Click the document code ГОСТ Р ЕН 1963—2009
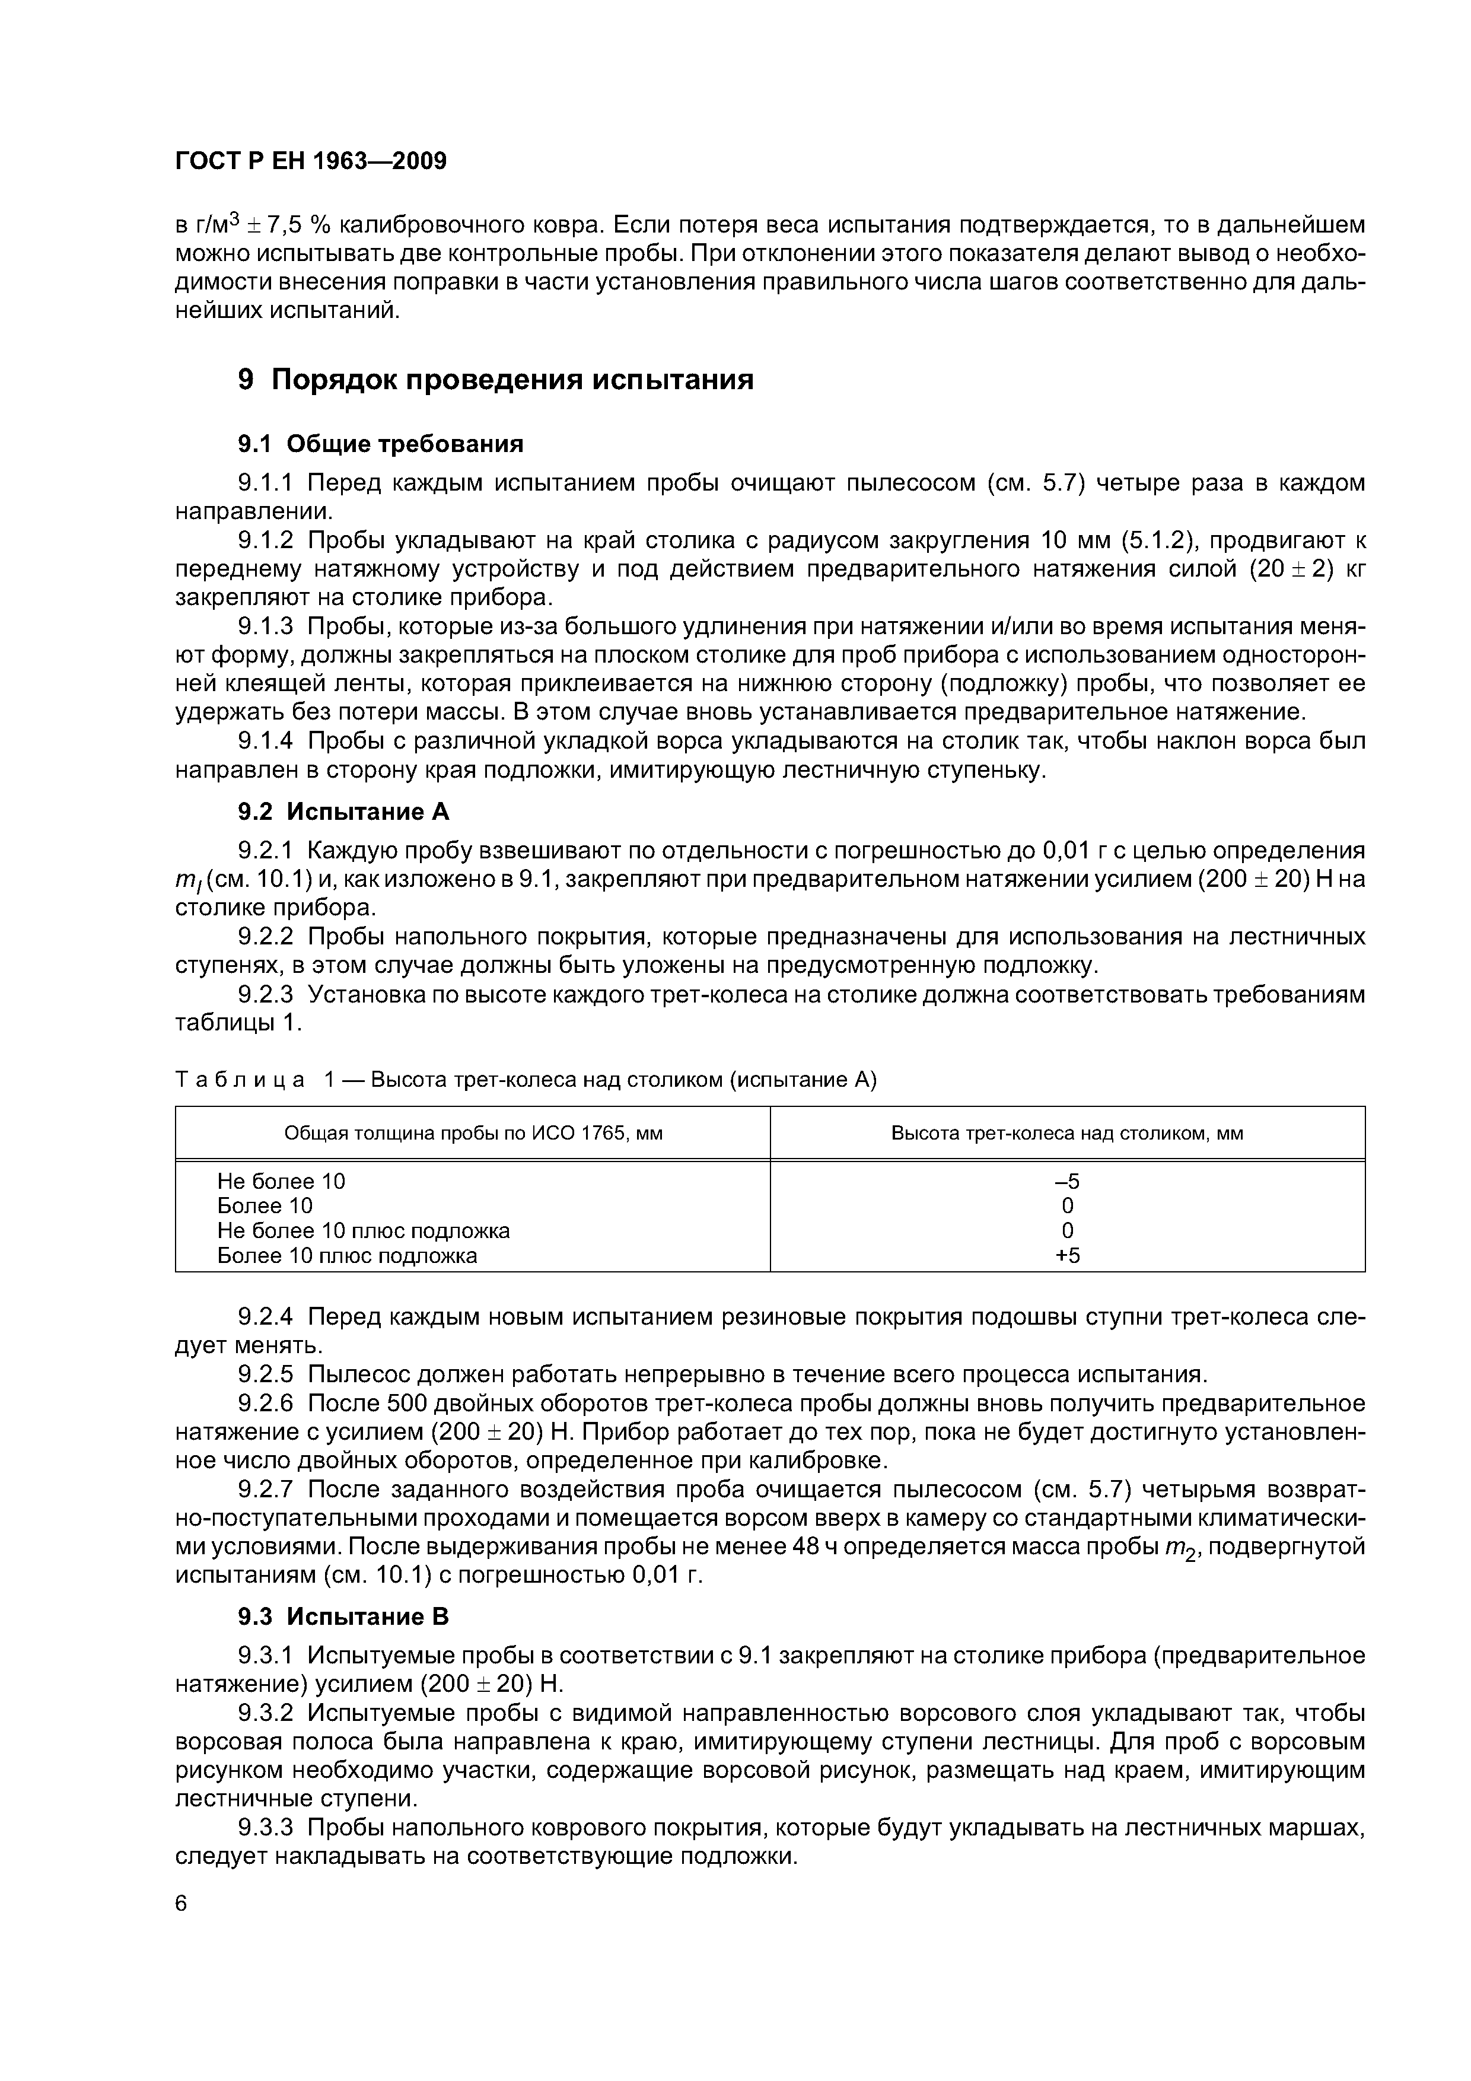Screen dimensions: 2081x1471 [310, 161]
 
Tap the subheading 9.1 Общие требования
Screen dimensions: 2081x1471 [381, 444]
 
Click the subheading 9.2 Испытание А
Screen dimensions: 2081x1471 [343, 811]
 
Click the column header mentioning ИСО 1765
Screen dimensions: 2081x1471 [473, 1133]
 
